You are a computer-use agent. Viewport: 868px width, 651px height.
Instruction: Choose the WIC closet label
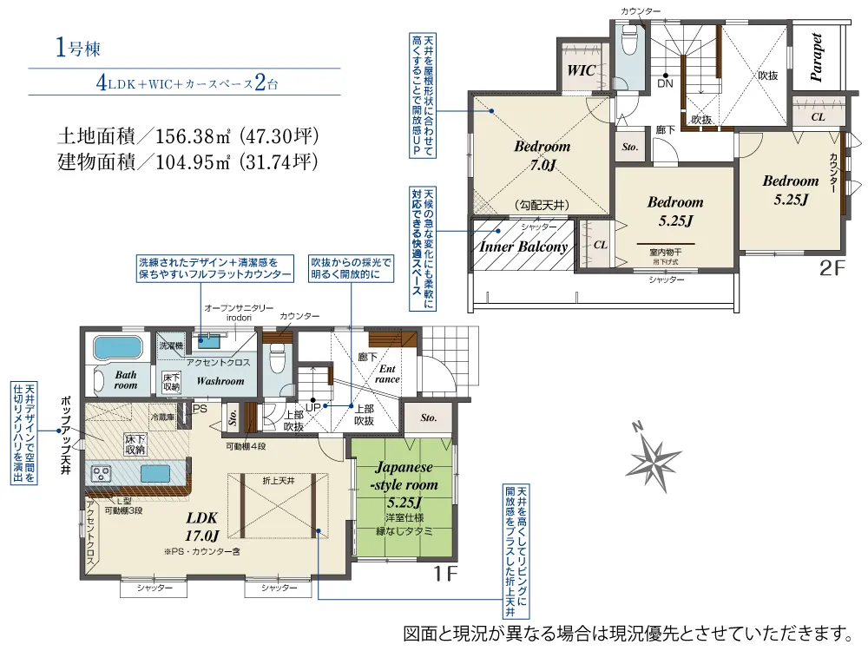click(582, 70)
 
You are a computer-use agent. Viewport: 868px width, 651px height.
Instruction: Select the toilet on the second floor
click(628, 40)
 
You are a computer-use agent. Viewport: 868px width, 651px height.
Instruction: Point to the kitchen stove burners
click(100, 474)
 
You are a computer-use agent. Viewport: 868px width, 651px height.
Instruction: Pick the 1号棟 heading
click(79, 49)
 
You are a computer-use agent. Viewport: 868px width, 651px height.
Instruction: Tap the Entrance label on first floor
click(386, 373)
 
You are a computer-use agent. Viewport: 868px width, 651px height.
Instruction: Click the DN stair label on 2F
click(665, 84)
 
